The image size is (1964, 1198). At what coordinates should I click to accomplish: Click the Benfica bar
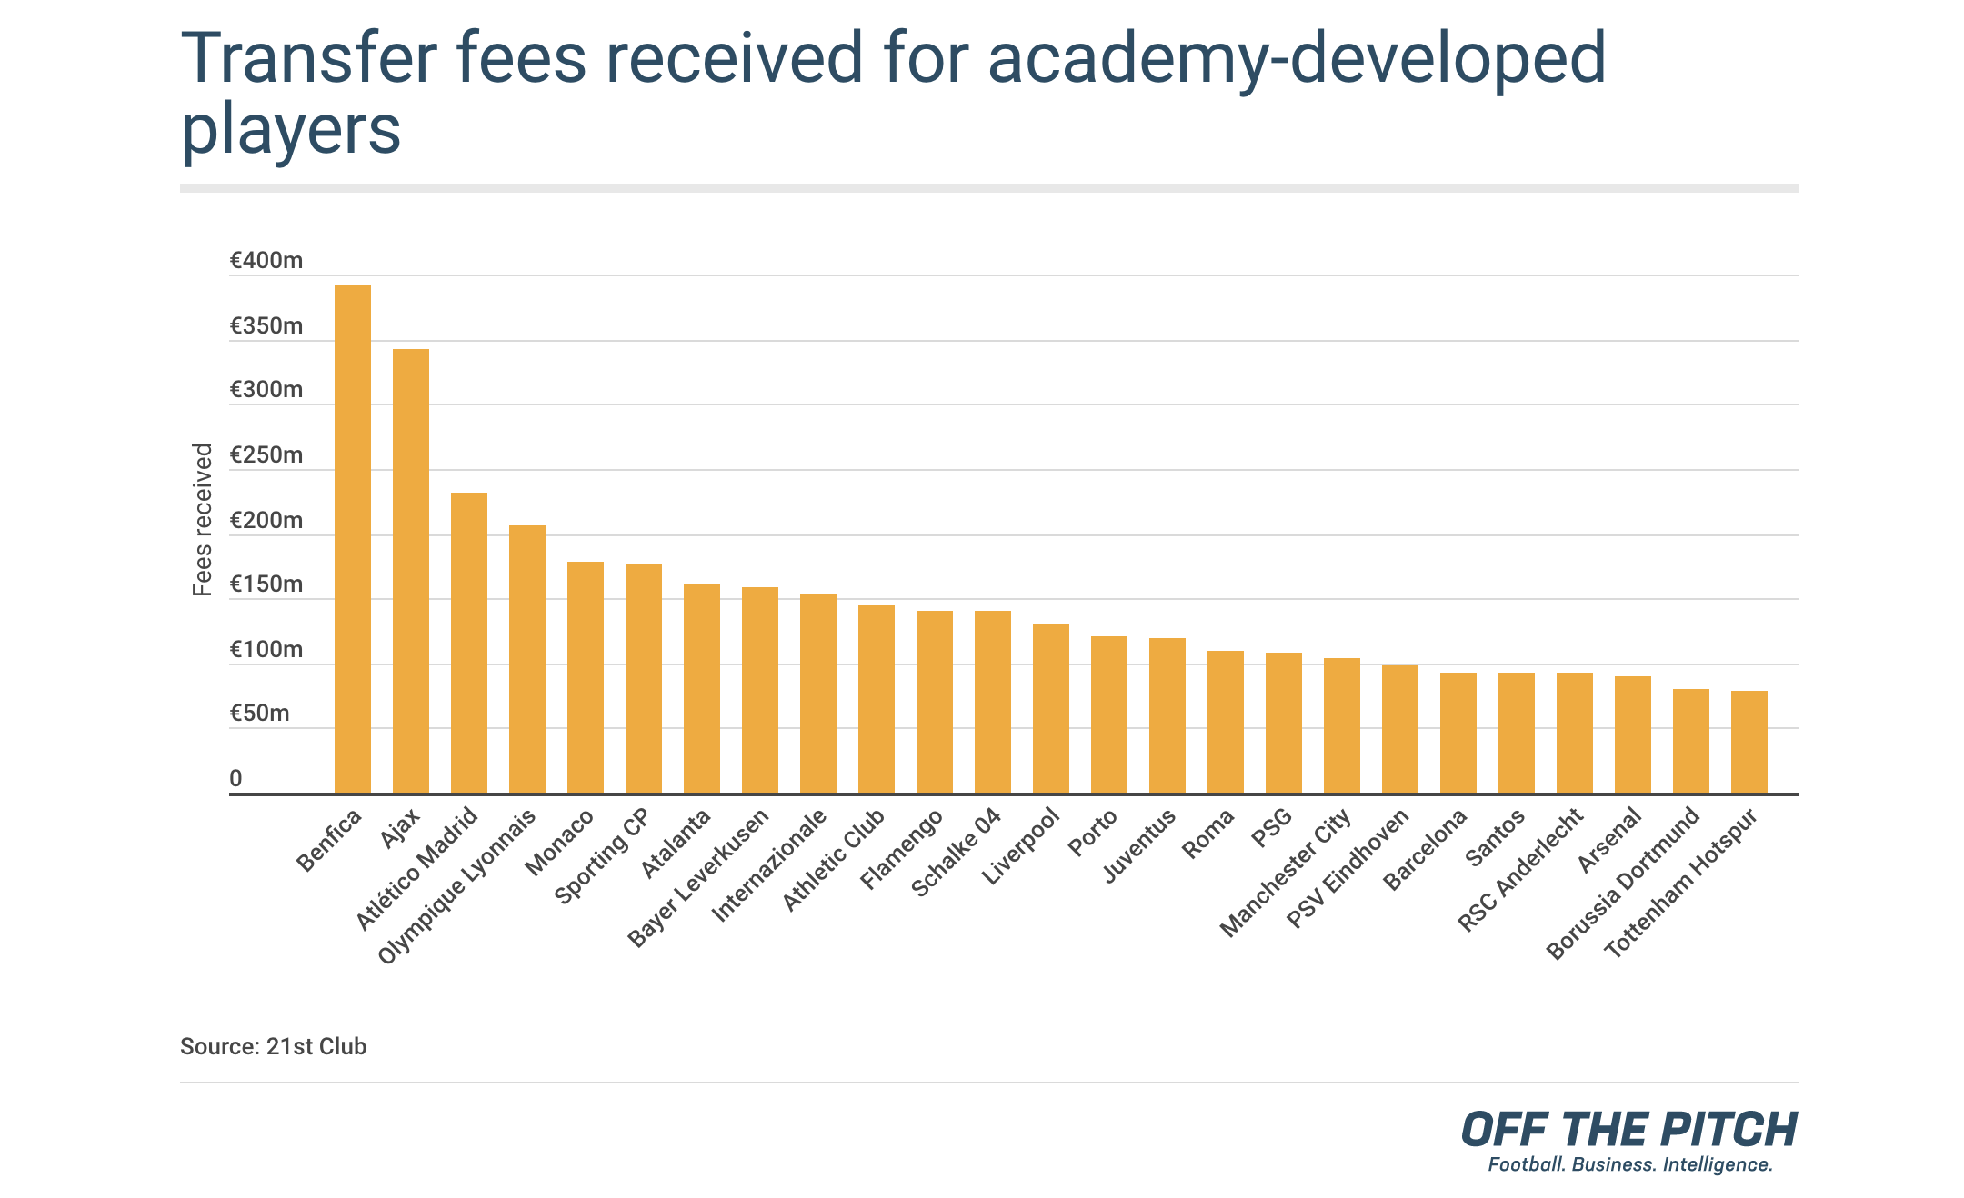352,539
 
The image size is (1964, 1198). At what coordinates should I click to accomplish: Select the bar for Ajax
410,571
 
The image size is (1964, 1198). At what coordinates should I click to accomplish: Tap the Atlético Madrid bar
468,643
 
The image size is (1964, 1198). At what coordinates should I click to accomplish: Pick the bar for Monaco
585,677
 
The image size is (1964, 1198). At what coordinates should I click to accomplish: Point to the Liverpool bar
1050,708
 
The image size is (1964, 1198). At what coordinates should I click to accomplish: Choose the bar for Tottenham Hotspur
1749,742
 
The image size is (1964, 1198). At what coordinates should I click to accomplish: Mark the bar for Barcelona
1458,733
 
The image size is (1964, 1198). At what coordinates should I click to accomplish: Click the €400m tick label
266,261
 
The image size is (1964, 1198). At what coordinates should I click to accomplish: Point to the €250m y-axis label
266,455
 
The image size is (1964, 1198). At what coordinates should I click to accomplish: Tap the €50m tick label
259,714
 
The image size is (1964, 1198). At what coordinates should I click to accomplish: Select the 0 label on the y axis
235,779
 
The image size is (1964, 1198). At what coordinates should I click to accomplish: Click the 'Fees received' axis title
203,519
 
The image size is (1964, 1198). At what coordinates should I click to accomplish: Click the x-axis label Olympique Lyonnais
457,886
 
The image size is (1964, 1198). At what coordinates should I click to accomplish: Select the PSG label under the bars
1271,828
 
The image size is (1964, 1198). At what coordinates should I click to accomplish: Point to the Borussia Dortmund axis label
1623,883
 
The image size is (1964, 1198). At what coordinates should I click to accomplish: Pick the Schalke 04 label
956,852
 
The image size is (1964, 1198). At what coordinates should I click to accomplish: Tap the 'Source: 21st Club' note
273,1046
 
